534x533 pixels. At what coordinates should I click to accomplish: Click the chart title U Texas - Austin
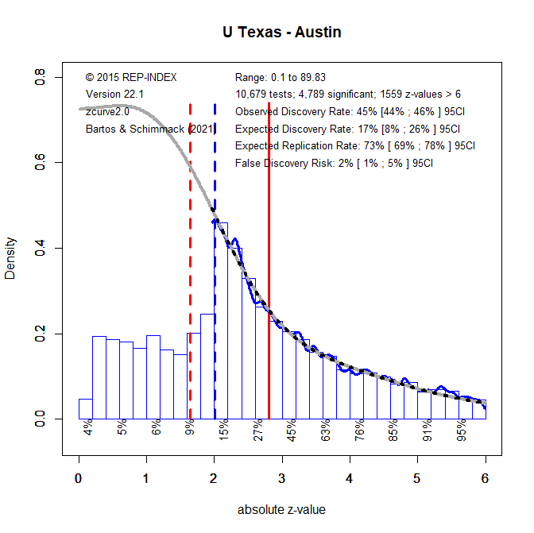[282, 33]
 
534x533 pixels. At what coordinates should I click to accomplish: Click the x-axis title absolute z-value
[281, 510]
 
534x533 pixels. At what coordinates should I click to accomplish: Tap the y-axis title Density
[10, 258]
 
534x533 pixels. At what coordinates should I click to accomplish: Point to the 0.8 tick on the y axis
[39, 78]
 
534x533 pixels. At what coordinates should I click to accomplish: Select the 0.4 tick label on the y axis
[39, 248]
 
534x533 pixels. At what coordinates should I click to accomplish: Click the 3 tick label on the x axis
[282, 479]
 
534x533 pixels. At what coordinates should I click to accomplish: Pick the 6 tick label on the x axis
[485, 479]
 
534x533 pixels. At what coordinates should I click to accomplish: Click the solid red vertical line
[269, 262]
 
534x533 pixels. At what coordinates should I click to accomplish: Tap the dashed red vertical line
[190, 262]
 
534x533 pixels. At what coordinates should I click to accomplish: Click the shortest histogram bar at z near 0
[85, 408]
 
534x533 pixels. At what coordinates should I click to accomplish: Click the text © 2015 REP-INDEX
[131, 77]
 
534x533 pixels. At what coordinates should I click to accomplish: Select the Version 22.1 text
[114, 95]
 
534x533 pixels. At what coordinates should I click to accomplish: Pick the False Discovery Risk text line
[335, 164]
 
